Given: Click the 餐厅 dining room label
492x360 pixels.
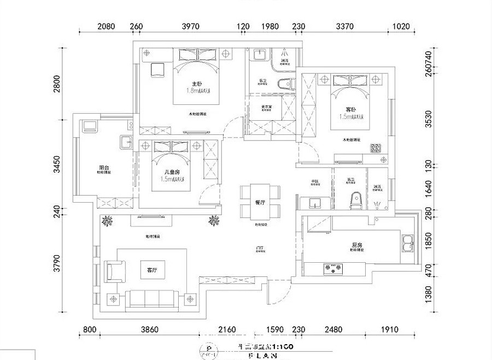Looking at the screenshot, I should (x=260, y=202).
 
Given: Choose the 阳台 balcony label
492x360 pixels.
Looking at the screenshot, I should (x=103, y=168).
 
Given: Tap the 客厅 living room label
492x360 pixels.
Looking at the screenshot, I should (x=152, y=270).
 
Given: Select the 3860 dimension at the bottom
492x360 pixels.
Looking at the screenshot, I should (x=149, y=329).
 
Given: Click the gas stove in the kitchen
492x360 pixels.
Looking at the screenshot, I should (x=333, y=268).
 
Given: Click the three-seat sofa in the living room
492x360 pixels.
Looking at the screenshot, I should (x=151, y=298).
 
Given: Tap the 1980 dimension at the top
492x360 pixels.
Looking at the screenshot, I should (x=270, y=26).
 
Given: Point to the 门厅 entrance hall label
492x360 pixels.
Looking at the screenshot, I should (x=260, y=249).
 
